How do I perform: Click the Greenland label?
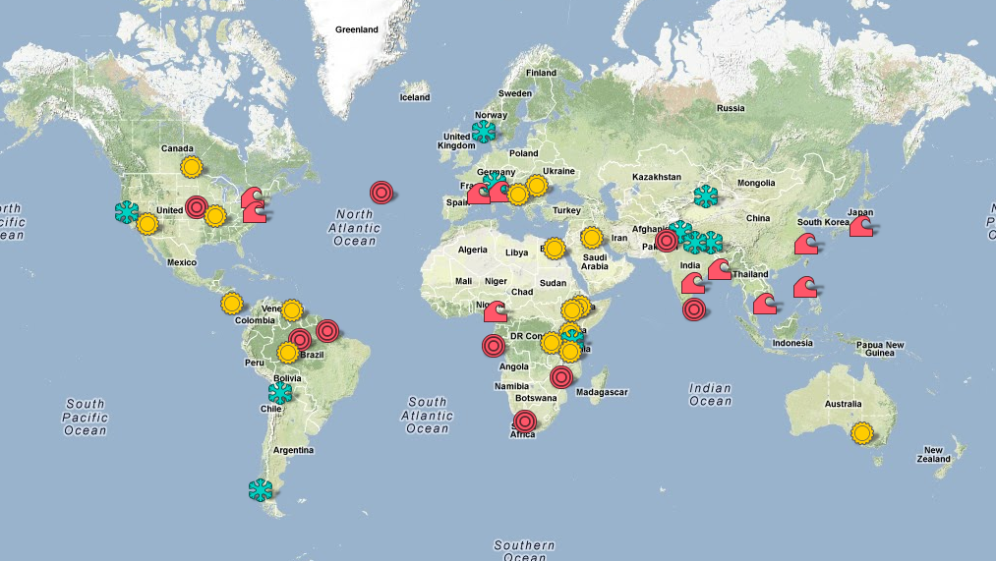(356, 29)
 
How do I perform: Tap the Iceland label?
(415, 97)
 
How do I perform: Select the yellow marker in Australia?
(862, 432)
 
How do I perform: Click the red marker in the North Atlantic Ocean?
(381, 193)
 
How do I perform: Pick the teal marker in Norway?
(483, 132)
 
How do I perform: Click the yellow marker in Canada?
(192, 166)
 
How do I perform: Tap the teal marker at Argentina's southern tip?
(261, 489)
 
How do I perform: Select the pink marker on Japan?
(862, 226)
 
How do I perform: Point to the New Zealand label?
(935, 454)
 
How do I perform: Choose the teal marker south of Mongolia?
(705, 196)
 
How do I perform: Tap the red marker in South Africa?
(525, 422)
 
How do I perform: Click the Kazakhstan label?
(657, 177)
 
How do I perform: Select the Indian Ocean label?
(710, 395)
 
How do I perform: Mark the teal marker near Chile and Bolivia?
(280, 393)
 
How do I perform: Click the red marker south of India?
(694, 309)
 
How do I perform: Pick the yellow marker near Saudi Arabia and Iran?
(592, 238)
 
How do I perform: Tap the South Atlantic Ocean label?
(428, 416)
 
